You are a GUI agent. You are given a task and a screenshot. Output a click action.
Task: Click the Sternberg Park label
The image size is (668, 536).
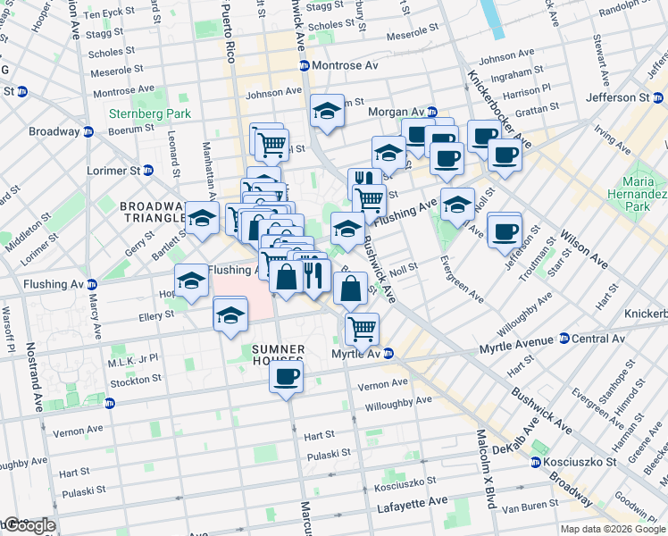click(137, 113)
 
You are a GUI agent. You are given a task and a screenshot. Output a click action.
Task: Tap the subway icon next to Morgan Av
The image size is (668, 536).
click(431, 113)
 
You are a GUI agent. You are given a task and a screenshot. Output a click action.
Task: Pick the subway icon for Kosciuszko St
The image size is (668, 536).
click(535, 463)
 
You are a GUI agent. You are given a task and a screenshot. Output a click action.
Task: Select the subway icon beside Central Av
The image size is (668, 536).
click(564, 339)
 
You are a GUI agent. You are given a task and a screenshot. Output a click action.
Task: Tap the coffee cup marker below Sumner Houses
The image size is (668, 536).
click(287, 377)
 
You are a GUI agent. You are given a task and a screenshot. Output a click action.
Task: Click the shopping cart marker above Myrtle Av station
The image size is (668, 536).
click(362, 328)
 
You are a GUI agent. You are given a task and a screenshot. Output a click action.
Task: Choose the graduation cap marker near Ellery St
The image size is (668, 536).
click(230, 315)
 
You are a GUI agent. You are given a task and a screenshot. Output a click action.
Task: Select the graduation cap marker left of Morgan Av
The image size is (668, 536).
click(328, 112)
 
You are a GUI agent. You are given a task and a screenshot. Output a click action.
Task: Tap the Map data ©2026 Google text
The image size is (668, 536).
click(612, 529)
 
